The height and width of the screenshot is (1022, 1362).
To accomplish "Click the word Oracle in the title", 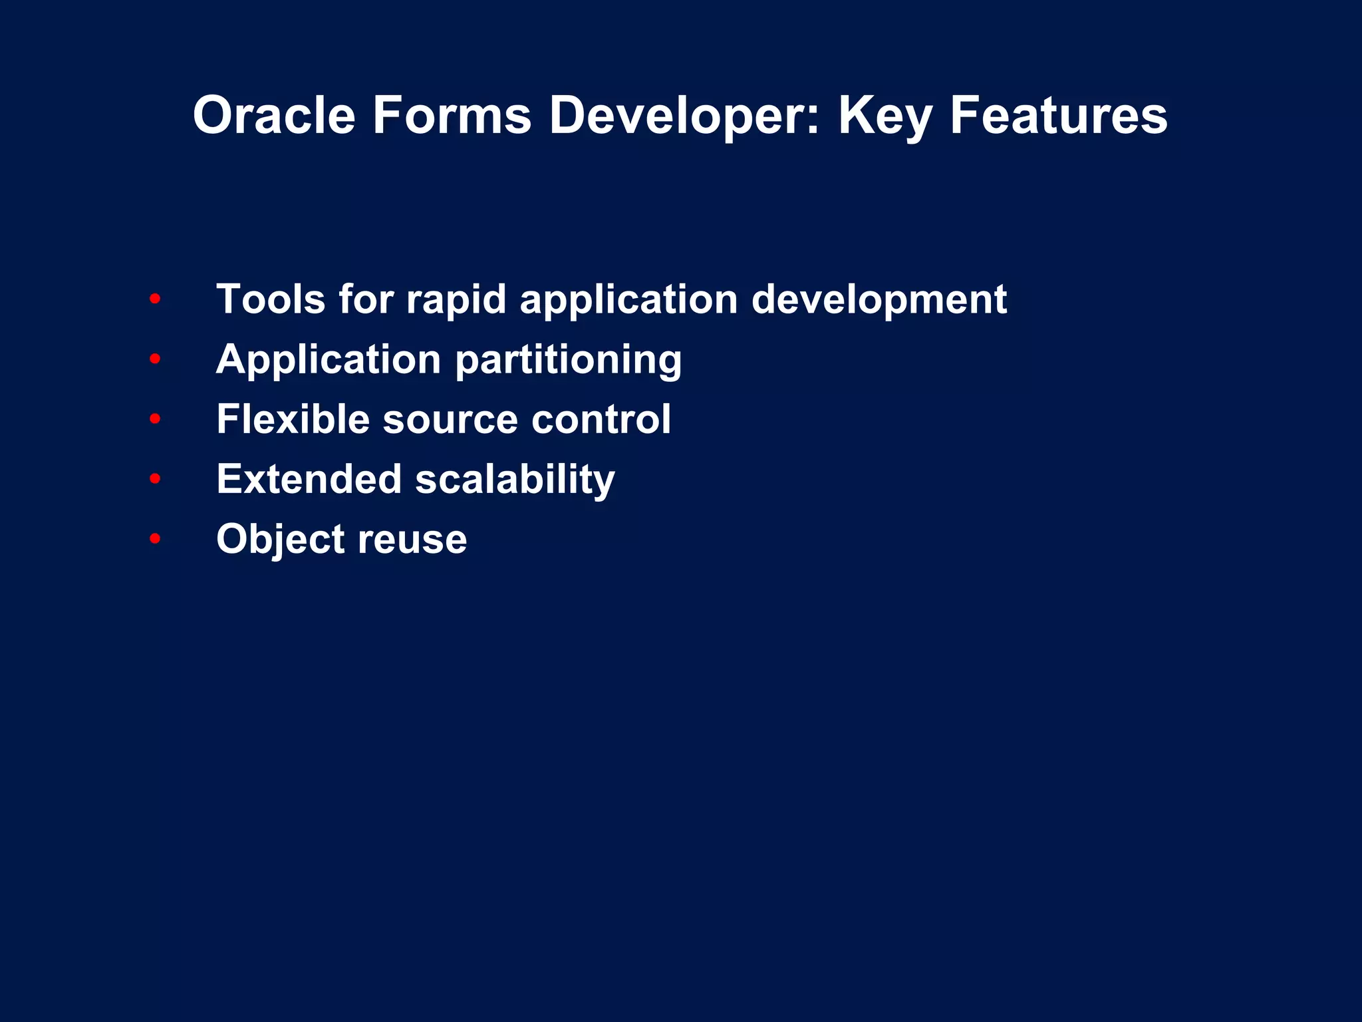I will point(274,116).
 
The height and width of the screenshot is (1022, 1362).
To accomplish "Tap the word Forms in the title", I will point(452,116).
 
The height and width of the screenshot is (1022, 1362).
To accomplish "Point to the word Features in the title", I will point(1058,116).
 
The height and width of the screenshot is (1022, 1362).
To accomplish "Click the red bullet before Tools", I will point(155,299).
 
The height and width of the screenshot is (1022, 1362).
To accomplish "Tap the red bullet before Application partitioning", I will point(155,359).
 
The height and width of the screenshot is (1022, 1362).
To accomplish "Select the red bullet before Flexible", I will point(155,419).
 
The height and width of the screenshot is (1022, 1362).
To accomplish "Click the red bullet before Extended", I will point(155,478).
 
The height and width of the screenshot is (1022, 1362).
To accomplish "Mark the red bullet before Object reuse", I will point(155,538).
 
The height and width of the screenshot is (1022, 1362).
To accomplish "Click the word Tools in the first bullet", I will point(271,299).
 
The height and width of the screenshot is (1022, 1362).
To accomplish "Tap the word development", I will point(879,301).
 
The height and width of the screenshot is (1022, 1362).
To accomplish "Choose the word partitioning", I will point(569,361).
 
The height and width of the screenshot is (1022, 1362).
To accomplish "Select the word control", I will point(601,419).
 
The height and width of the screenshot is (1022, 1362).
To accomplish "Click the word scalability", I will point(515,480).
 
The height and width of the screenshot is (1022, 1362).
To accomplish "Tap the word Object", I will point(280,540).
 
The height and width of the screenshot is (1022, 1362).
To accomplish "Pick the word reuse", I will point(412,540).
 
